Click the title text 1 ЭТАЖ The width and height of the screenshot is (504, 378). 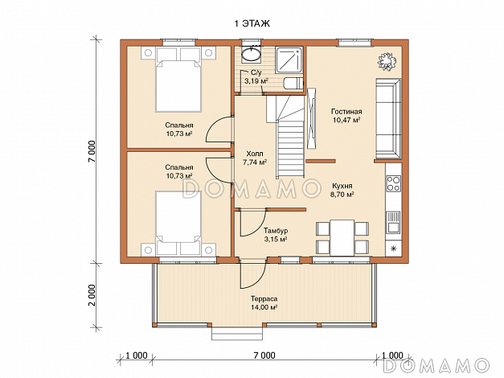[x=252, y=24]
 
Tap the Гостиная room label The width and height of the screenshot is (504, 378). [x=346, y=112]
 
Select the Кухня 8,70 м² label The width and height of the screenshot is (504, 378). [x=342, y=190]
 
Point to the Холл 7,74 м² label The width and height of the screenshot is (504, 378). [x=255, y=158]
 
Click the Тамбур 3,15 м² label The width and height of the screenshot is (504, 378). [x=276, y=235]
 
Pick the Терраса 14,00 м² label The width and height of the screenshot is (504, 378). [x=264, y=303]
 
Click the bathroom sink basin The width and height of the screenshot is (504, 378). [x=252, y=54]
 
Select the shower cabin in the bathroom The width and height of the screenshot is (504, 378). [x=289, y=60]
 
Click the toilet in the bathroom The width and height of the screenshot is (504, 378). [x=293, y=84]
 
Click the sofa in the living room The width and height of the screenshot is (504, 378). [x=388, y=119]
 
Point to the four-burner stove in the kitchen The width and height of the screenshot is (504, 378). [x=393, y=183]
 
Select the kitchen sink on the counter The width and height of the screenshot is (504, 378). [x=393, y=222]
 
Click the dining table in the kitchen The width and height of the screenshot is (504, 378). [x=342, y=238]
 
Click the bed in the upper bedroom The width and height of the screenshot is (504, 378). [x=178, y=80]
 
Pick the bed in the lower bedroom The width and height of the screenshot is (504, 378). [x=178, y=224]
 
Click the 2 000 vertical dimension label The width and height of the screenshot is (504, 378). [x=92, y=295]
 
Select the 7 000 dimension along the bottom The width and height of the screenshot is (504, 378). [x=264, y=355]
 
